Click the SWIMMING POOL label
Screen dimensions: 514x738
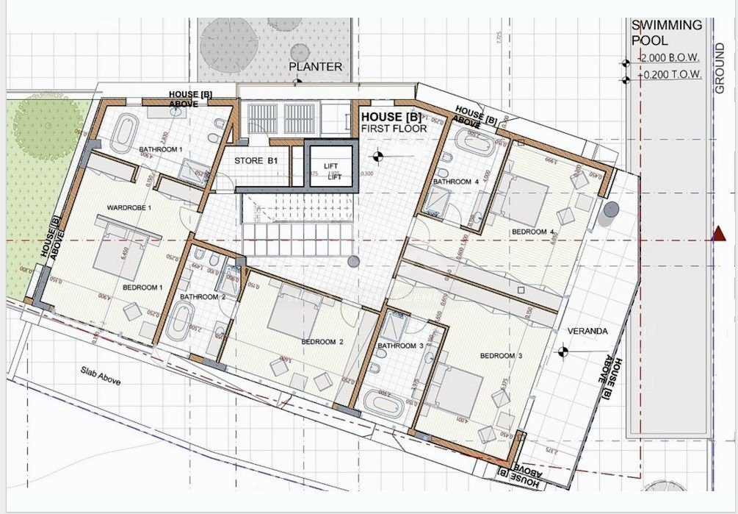667,32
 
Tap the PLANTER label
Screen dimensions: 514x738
315,67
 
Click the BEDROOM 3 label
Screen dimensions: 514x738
501,356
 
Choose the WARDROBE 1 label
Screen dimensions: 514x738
129,207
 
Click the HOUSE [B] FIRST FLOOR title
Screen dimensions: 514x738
392,123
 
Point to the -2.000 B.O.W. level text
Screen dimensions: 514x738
669,58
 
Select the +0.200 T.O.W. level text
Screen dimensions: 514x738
670,75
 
